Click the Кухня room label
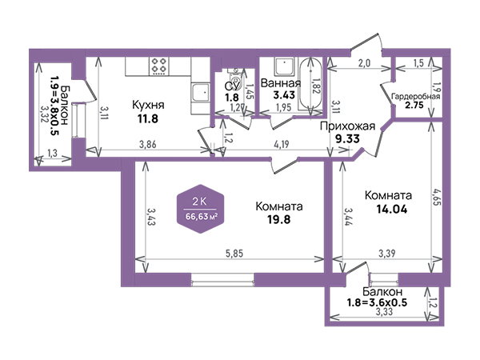click(x=148, y=105)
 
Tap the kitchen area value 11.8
click(x=148, y=118)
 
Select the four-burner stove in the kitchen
click(x=159, y=66)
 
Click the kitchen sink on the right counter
click(x=200, y=93)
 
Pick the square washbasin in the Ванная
click(x=285, y=66)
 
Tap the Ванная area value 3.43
click(x=284, y=95)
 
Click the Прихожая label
click(x=347, y=126)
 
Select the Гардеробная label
click(x=415, y=97)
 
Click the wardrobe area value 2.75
click(x=414, y=105)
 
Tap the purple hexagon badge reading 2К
click(x=201, y=209)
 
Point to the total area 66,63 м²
click(x=202, y=217)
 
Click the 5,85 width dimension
click(x=234, y=254)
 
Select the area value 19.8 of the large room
click(x=279, y=219)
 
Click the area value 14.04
click(x=392, y=210)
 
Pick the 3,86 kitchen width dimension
click(x=148, y=144)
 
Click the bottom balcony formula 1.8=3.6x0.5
click(x=377, y=302)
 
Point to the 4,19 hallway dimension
click(x=281, y=144)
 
